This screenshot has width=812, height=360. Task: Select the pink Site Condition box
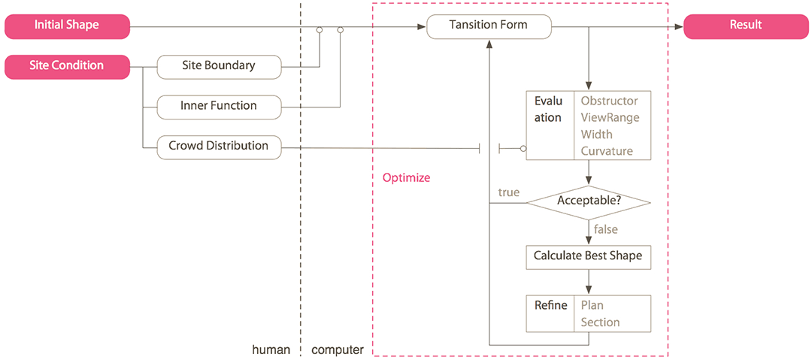pos(67,66)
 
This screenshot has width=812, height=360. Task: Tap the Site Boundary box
pos(218,66)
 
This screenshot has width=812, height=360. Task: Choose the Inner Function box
pos(218,106)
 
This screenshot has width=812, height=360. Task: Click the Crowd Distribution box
pos(218,146)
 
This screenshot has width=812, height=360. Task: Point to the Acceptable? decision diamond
pos(588,201)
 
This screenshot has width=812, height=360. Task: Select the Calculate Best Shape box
pos(588,256)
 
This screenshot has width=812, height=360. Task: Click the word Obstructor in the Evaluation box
pos(609,101)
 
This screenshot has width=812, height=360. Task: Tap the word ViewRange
pos(610,117)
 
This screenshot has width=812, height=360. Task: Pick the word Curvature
pos(607,151)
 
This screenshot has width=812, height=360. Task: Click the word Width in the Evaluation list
pos(596,135)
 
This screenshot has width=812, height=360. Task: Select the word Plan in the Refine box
pos(592,305)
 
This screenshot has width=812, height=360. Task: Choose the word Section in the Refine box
pos(600,322)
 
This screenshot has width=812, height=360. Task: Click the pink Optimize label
pos(406,178)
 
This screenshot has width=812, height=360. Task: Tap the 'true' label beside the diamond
pos(508,192)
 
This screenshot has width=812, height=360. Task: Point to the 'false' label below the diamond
pos(606,229)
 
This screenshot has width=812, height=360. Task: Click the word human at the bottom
pos(271,349)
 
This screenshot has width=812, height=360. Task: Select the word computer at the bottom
pos(338,349)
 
